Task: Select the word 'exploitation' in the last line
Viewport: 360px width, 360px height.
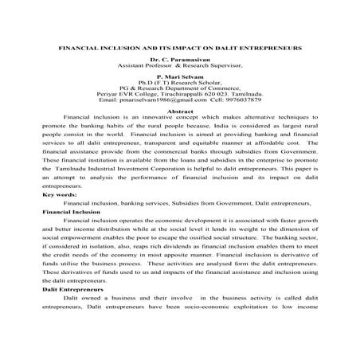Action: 256,313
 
